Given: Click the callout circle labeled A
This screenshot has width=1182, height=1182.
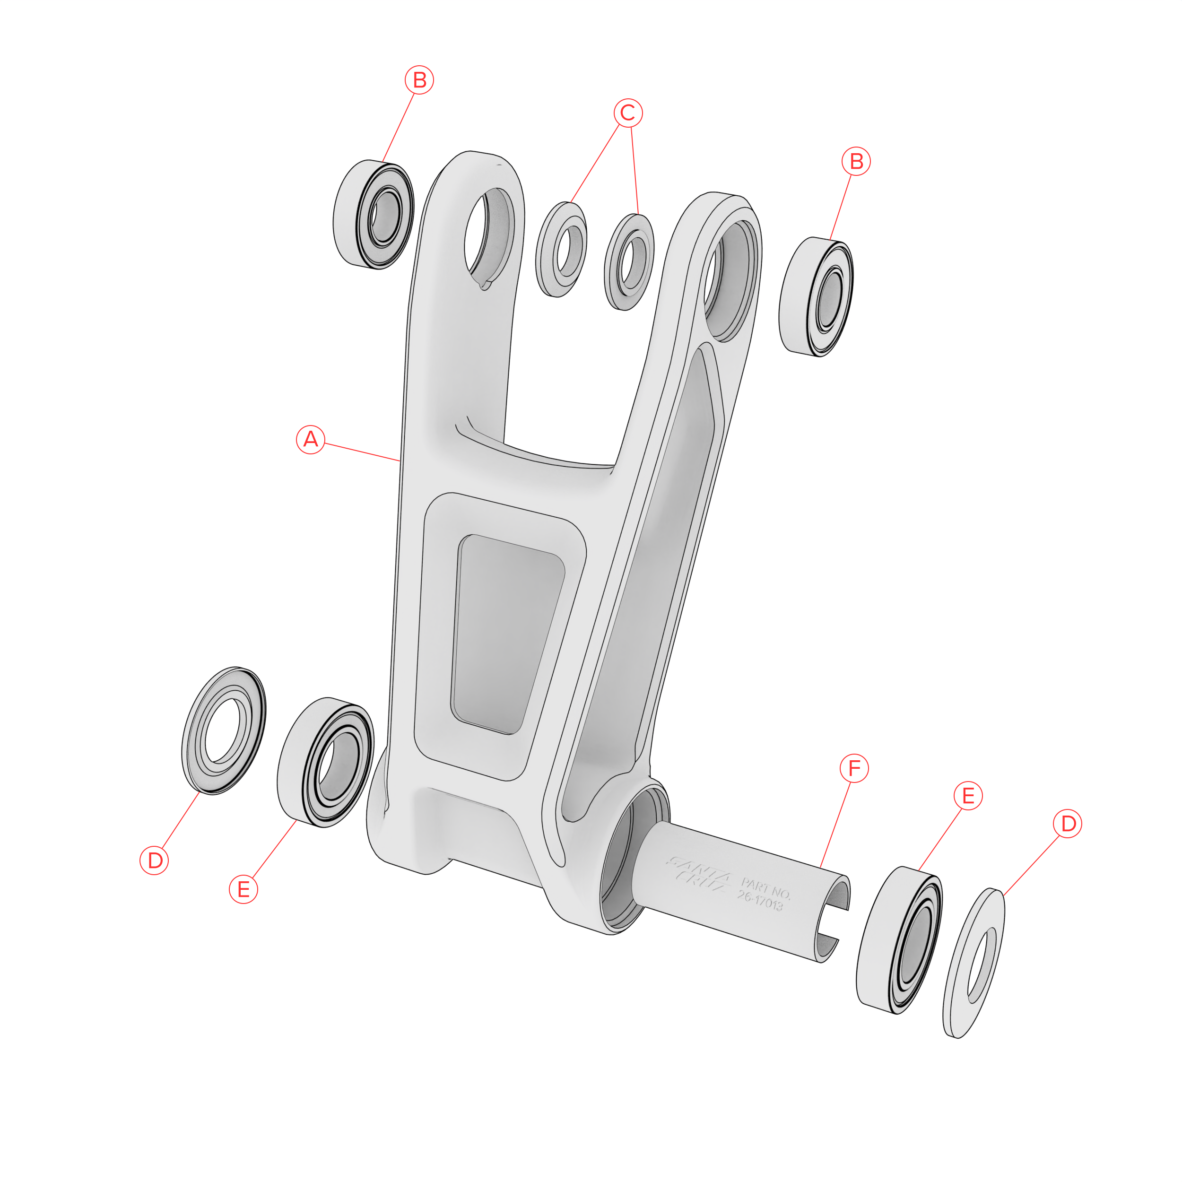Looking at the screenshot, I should click(x=310, y=439).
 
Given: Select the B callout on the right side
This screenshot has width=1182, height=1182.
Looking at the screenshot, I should click(x=856, y=162).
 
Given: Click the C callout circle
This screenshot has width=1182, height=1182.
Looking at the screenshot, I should click(x=628, y=113).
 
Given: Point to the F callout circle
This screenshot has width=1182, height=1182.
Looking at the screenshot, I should click(x=854, y=768).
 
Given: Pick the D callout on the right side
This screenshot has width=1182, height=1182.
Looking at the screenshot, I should click(x=1068, y=824).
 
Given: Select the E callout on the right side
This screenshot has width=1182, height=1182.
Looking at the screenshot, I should click(x=968, y=796).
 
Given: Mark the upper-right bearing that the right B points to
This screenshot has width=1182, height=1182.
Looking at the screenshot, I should click(x=816, y=297).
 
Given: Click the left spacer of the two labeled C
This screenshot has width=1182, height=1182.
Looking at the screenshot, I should click(x=562, y=250).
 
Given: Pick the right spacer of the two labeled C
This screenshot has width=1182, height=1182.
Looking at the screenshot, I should click(x=629, y=262).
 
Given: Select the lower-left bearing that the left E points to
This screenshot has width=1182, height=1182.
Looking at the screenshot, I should click(x=325, y=762).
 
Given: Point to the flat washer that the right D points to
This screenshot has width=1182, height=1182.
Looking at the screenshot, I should click(x=974, y=964).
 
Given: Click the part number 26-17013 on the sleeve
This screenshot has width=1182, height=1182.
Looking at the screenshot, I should click(x=762, y=894).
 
